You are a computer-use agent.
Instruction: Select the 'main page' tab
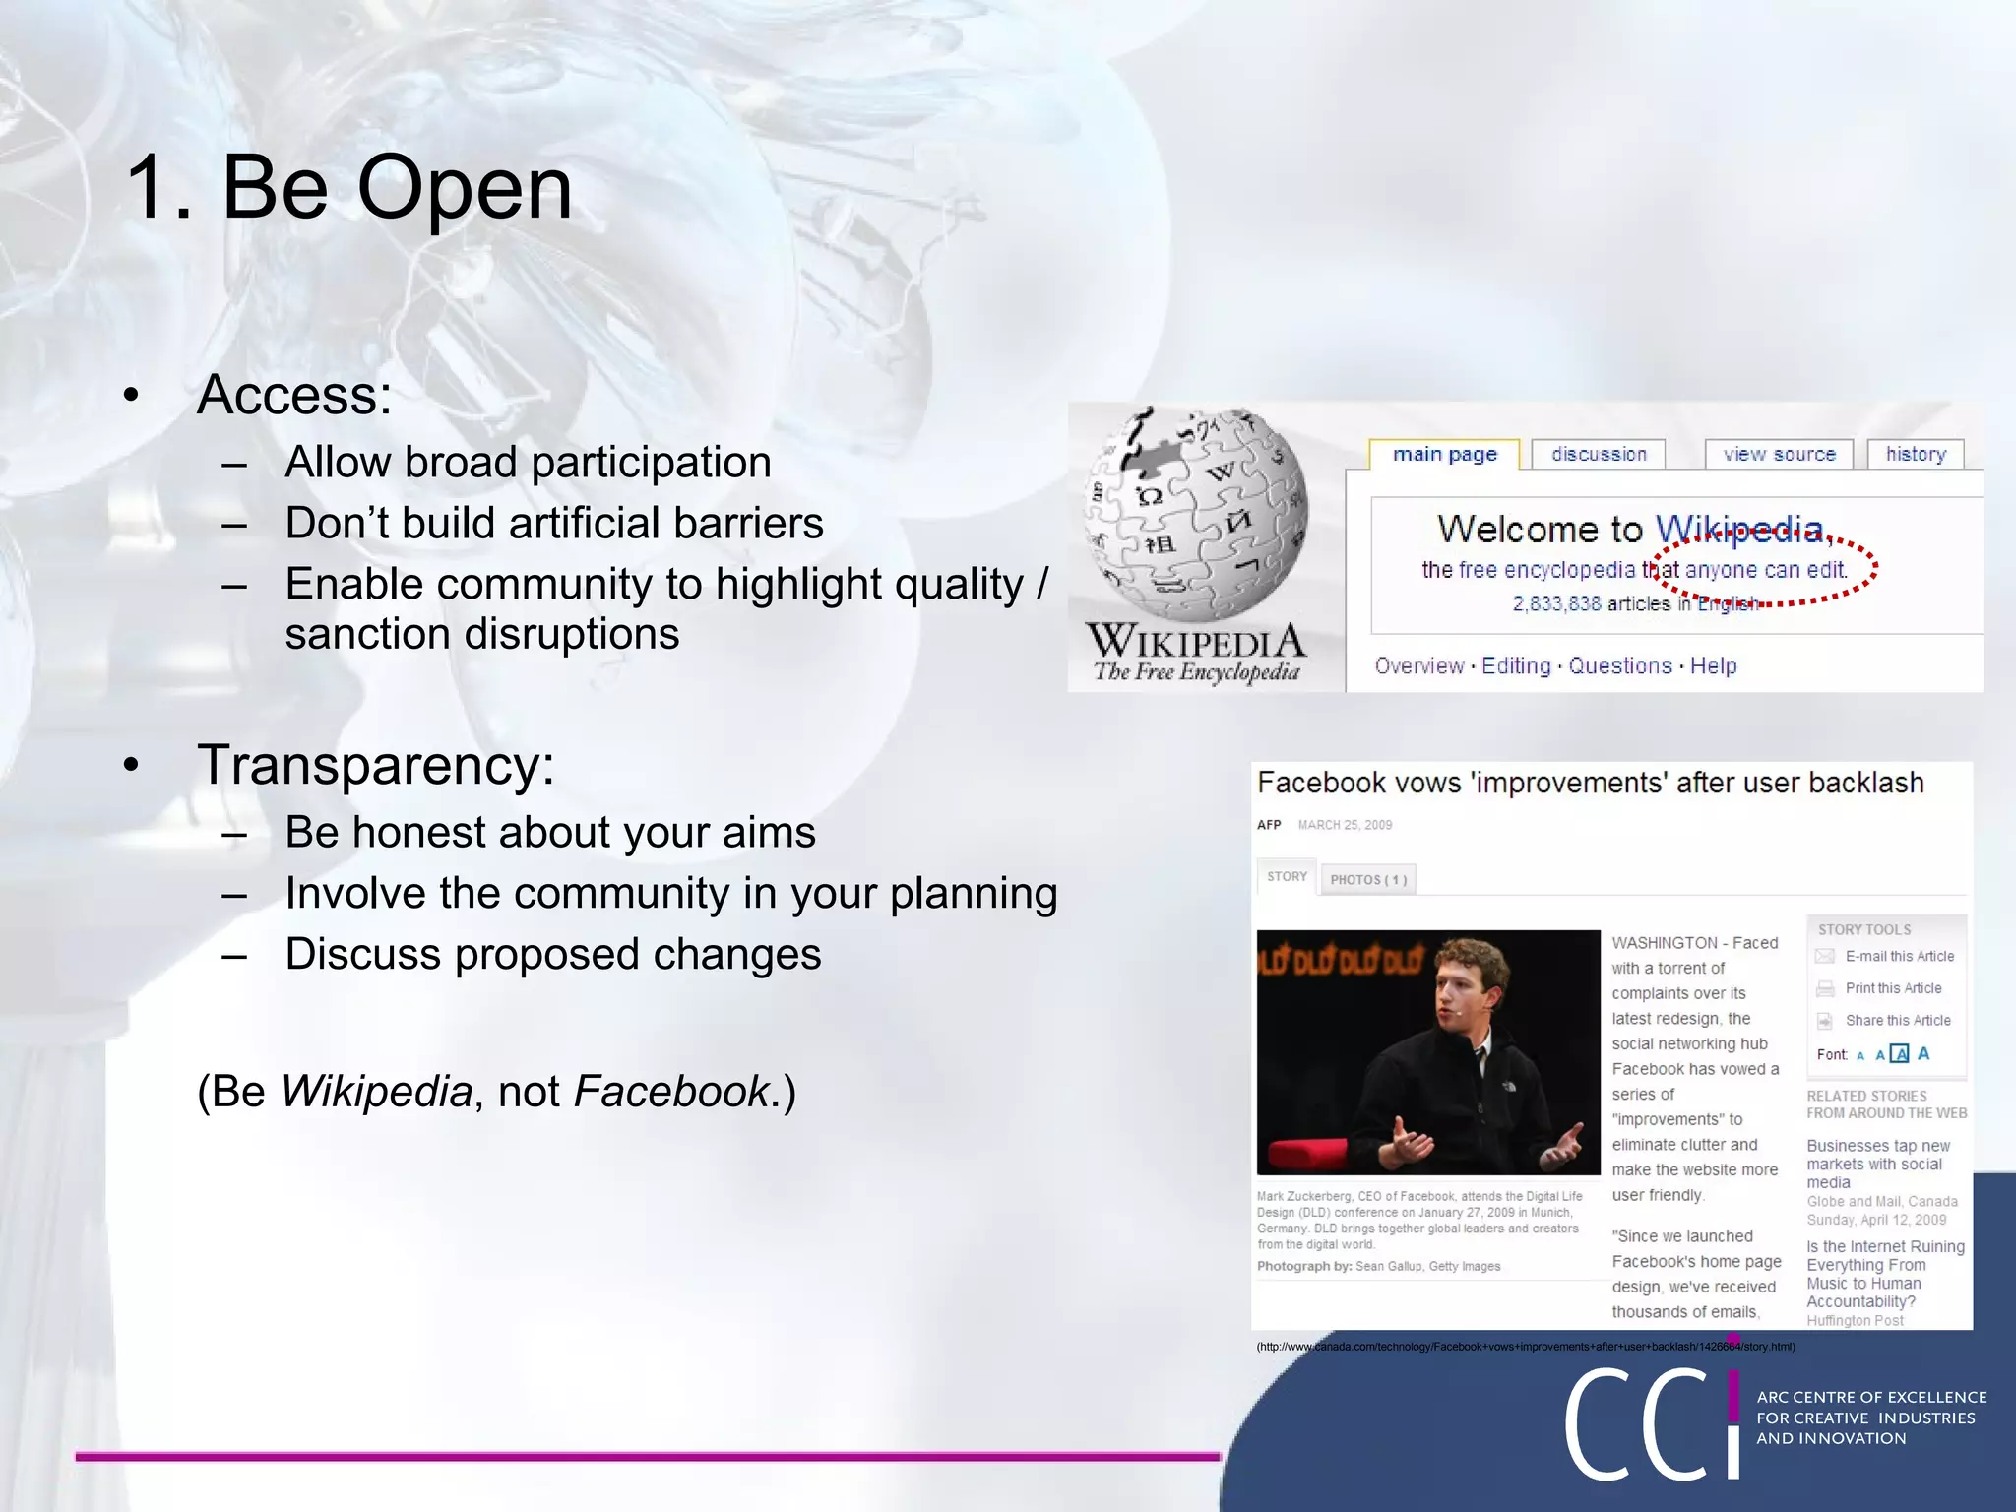click(x=1444, y=454)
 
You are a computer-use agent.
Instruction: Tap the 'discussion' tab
click(x=1599, y=454)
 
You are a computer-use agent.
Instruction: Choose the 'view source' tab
click(x=1779, y=454)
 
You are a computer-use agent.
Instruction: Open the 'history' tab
click(x=1916, y=454)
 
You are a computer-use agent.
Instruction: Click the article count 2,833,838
click(x=1556, y=603)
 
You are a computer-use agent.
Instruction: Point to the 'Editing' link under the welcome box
click(x=1516, y=666)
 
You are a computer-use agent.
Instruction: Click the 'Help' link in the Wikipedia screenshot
click(x=1714, y=666)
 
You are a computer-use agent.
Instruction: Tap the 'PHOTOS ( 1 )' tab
click(x=1368, y=879)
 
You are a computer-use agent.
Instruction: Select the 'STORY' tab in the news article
click(x=1287, y=876)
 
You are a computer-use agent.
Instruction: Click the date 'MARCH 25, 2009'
click(x=1345, y=825)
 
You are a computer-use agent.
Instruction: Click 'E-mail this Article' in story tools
click(x=1899, y=956)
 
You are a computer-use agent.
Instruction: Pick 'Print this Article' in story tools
click(x=1893, y=988)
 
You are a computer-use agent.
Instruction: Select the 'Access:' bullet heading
click(x=294, y=395)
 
